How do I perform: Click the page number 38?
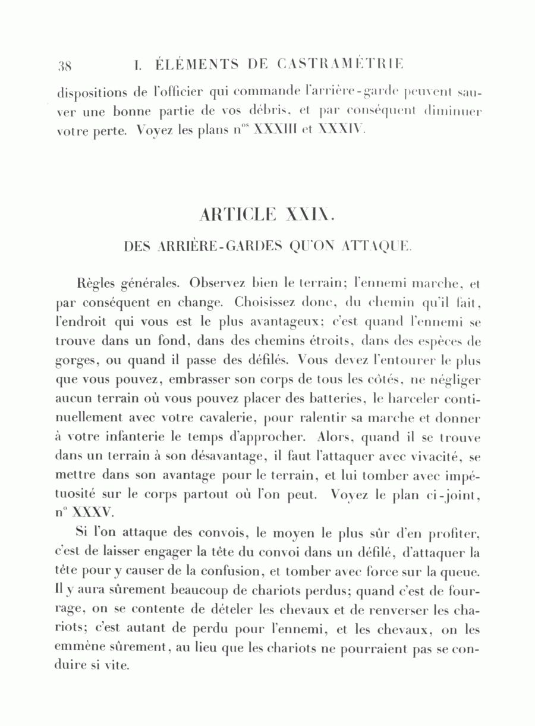point(65,65)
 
